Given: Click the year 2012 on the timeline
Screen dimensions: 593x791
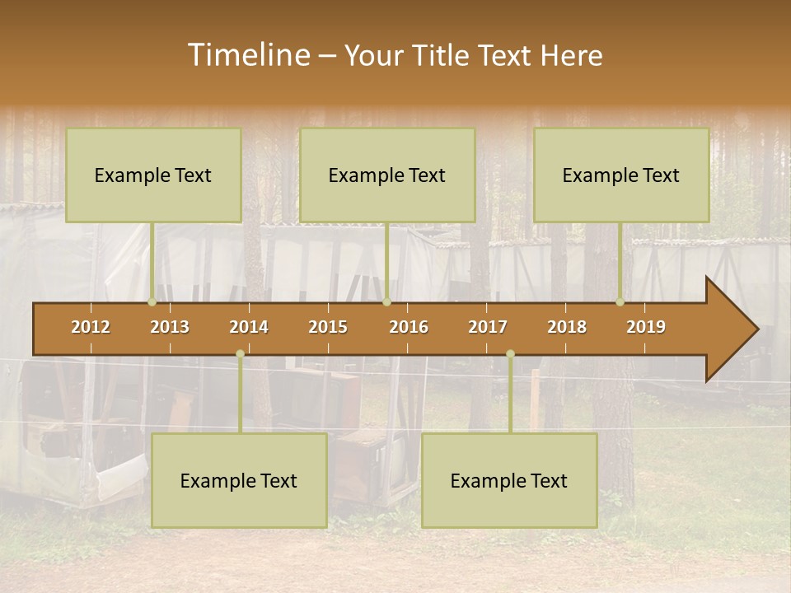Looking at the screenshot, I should tap(91, 327).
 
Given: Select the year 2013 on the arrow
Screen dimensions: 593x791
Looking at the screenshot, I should tap(170, 327).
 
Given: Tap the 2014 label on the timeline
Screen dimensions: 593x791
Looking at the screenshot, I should tap(249, 327).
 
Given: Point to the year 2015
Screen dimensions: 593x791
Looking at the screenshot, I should tap(328, 327).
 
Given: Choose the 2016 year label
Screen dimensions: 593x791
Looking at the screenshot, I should tap(409, 327).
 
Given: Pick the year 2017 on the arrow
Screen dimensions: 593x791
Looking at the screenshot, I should tap(488, 327).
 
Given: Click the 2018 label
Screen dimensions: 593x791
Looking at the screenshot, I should tap(567, 327).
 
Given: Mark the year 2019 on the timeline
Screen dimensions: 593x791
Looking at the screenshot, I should tap(646, 327).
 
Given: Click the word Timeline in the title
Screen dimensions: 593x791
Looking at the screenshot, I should tap(248, 55).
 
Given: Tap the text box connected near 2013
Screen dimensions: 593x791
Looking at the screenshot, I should tap(153, 175).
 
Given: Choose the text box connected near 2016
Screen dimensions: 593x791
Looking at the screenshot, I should tap(387, 175).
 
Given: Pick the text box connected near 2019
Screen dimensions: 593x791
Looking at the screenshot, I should tap(621, 175).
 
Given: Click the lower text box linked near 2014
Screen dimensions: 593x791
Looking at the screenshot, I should tap(239, 480).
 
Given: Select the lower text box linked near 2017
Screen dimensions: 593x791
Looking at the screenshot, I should tap(509, 480).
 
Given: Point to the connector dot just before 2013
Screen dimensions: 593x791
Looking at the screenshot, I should tap(152, 302).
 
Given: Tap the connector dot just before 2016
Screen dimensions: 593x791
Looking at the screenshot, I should tap(386, 302).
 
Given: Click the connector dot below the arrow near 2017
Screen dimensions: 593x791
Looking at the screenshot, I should tap(510, 354).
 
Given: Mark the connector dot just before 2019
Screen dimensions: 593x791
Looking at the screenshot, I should tap(620, 302).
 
